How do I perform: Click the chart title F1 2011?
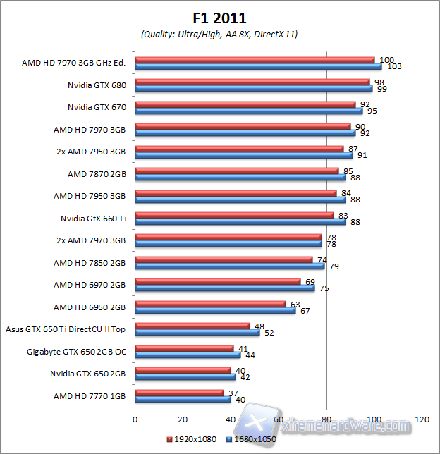(x=219, y=18)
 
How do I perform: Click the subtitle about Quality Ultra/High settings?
(x=219, y=34)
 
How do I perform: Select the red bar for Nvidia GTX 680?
(x=252, y=82)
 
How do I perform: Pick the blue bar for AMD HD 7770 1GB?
(x=183, y=399)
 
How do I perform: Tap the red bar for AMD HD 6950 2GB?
(x=210, y=304)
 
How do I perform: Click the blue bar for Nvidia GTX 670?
(x=249, y=111)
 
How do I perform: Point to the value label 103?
(x=394, y=66)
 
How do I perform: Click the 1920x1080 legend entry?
(x=192, y=439)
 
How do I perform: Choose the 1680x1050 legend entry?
(x=252, y=439)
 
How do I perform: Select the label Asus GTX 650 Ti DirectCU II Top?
(x=66, y=329)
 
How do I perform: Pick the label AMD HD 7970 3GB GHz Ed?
(x=74, y=63)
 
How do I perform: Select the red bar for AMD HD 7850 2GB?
(x=224, y=259)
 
